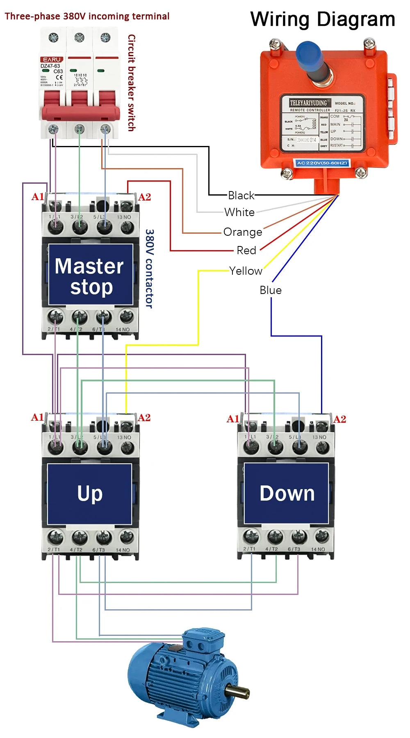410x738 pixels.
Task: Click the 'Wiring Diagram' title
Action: click(x=323, y=19)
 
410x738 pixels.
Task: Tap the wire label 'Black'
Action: click(x=241, y=195)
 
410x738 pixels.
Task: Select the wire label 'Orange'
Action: click(x=243, y=232)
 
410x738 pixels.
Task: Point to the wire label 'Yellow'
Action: click(x=246, y=271)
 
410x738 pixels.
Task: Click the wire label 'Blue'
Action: click(x=271, y=290)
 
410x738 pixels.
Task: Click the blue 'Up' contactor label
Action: click(x=90, y=494)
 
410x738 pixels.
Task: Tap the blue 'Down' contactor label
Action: click(x=287, y=493)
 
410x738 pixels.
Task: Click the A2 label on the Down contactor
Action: click(x=339, y=419)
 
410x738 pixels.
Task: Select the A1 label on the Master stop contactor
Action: click(x=37, y=197)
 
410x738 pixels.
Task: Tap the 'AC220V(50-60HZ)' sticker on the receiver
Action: click(x=322, y=163)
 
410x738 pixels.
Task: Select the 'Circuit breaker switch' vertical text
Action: click(x=131, y=82)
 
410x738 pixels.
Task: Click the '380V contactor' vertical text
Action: click(x=150, y=269)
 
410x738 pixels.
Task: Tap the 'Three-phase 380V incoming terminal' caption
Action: click(x=87, y=16)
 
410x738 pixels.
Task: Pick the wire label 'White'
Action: click(x=239, y=212)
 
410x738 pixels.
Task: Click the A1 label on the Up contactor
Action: click(x=37, y=417)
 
